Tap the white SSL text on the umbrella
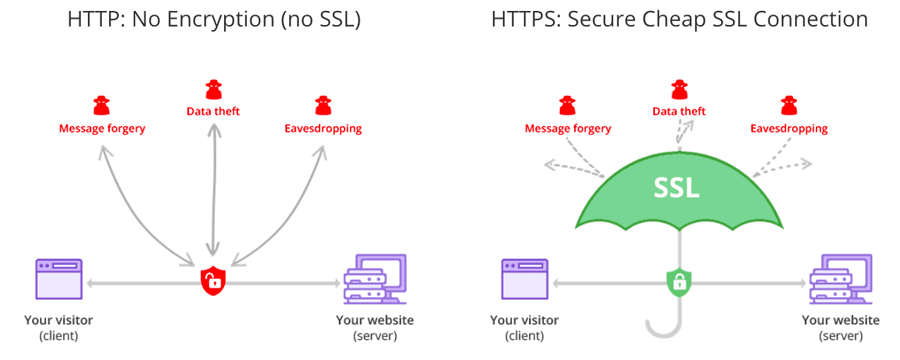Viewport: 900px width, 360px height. [677, 187]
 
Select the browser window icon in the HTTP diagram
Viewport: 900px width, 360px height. [59, 277]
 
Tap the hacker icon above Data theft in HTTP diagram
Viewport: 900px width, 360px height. [212, 89]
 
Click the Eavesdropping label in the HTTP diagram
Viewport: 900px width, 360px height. [322, 129]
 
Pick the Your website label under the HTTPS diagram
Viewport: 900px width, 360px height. [841, 321]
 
